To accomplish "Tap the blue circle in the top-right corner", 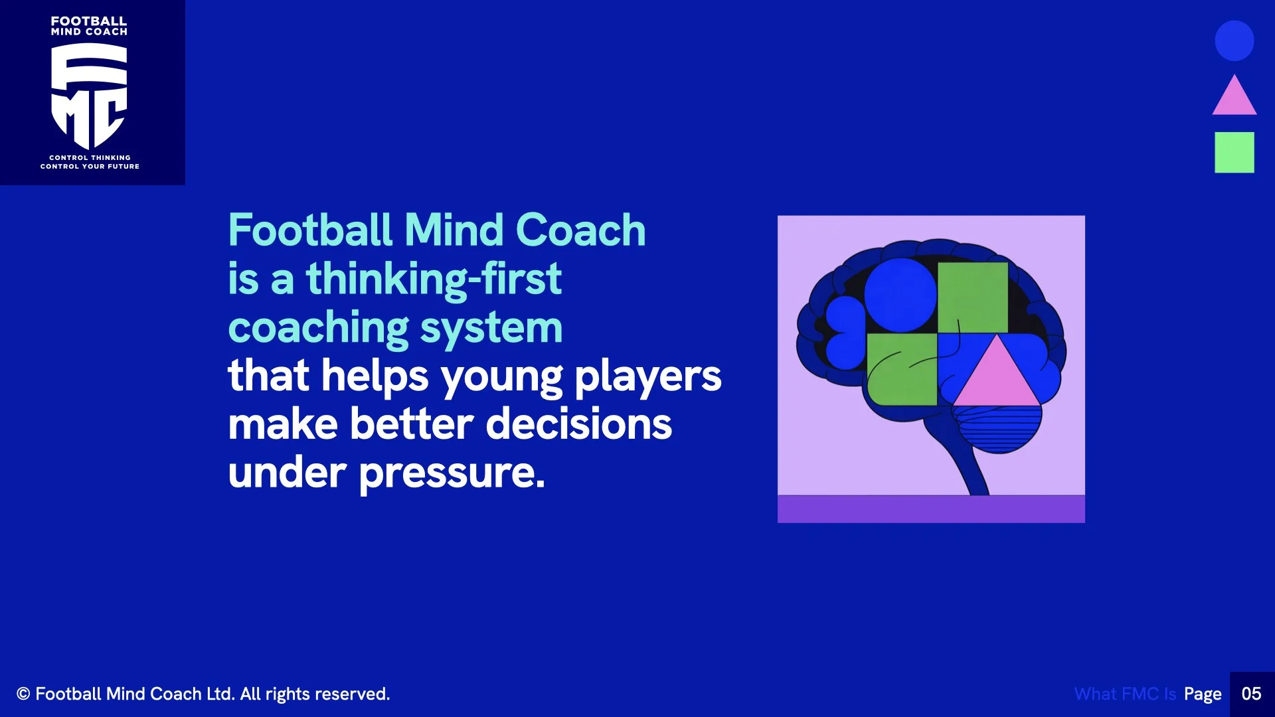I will click(1234, 40).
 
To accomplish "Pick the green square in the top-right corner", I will click(1234, 152).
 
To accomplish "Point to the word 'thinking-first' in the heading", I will click(434, 279).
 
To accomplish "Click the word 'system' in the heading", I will click(491, 328).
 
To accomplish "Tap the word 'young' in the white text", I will click(501, 377).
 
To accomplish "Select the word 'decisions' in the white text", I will click(578, 425).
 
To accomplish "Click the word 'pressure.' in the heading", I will click(452, 473).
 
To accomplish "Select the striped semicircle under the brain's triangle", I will click(997, 428).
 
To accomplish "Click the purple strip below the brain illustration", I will click(931, 509).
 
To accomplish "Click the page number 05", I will click(1251, 694).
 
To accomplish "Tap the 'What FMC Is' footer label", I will click(1125, 694).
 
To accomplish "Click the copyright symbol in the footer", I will click(23, 694).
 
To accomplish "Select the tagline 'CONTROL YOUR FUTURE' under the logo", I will click(90, 167).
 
